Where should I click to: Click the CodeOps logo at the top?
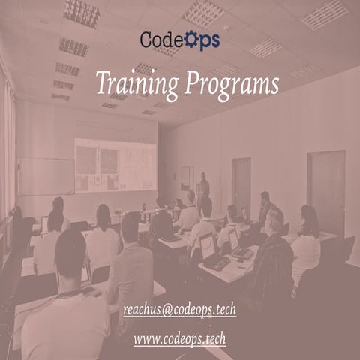180,39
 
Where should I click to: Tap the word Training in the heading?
137,83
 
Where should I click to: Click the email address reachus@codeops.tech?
179,309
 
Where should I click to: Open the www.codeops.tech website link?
180,339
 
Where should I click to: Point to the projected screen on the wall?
115,165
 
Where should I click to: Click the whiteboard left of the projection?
45,176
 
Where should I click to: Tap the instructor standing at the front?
204,187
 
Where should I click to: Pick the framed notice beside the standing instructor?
187,178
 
